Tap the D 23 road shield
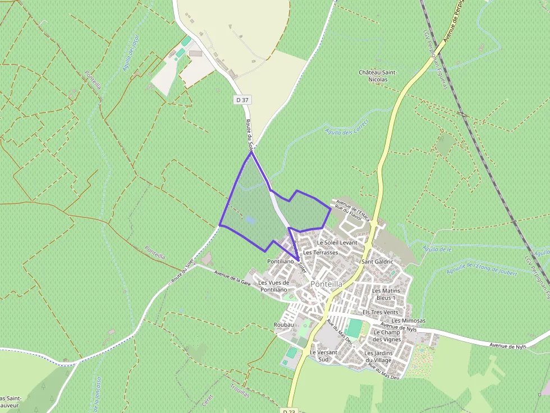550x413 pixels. pos(289,411)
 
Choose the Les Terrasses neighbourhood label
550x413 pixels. pos(320,253)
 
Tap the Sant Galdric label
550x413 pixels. pos(378,262)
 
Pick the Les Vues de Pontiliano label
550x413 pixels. pos(274,286)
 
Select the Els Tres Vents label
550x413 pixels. pos(381,312)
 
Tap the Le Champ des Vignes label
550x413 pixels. pos(387,336)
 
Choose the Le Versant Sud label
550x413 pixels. pos(323,355)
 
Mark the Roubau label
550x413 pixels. pos(284,325)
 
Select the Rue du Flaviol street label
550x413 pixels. pos(346,211)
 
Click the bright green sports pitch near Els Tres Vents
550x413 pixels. pos(354,327)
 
